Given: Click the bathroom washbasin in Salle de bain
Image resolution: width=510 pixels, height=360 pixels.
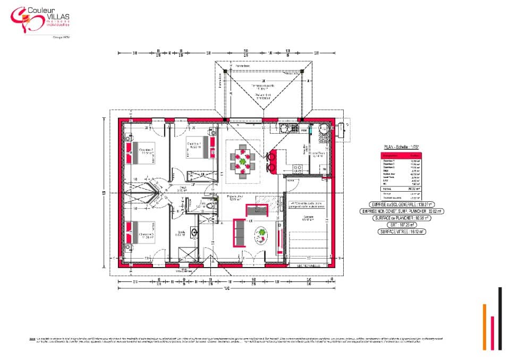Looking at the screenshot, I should point(195,232).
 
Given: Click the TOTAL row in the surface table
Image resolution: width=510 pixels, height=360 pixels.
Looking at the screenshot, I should point(401,188).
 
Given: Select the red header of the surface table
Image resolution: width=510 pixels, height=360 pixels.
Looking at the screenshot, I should point(401,156).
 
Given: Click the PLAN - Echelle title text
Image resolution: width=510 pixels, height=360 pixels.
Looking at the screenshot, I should point(401,147).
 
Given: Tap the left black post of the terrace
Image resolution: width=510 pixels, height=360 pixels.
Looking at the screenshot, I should point(225,71).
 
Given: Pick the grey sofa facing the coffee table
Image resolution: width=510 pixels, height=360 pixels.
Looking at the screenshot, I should point(239,233).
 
